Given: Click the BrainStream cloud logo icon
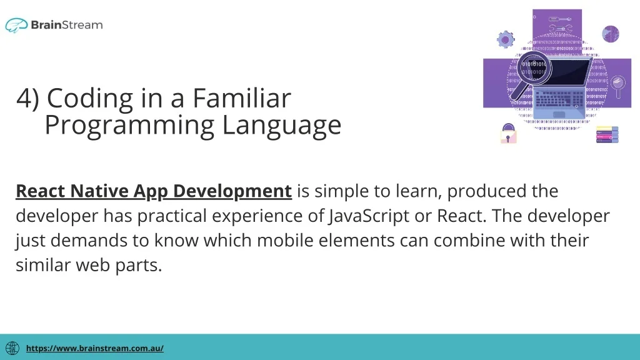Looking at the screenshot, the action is (16, 25).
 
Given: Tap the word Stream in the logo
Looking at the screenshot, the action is (82, 25).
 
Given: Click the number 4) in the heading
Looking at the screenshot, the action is (27, 98).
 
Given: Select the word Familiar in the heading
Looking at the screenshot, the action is (242, 98).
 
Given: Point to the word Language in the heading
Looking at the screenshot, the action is (282, 126).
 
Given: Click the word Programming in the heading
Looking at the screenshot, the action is (129, 126).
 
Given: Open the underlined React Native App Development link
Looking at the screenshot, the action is (154, 191).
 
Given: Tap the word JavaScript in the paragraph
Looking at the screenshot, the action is (369, 216).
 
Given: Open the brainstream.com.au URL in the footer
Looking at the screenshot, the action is (95, 348).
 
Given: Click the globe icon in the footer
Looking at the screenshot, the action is (12, 348).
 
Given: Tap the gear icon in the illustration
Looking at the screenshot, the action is (506, 39).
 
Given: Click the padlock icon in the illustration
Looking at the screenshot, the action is (509, 134).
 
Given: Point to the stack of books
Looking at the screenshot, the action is (607, 135).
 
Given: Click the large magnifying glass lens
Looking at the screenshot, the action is (534, 68).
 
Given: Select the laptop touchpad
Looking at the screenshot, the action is (559, 115).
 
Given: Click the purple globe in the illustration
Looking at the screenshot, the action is (611, 34).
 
